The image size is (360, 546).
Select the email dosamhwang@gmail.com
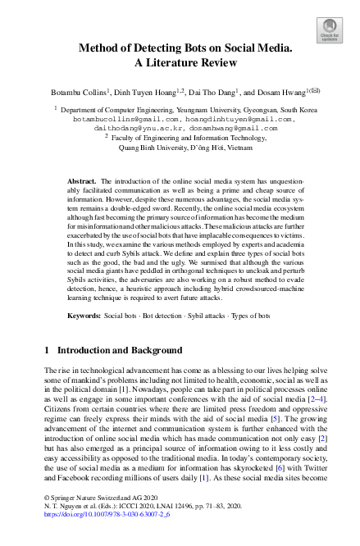[234, 128]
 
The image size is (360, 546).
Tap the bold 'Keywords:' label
[83, 316]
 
